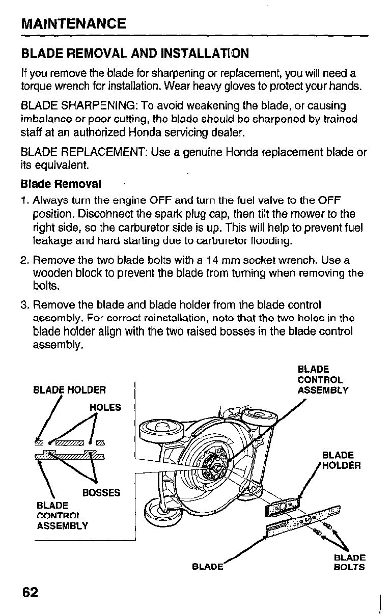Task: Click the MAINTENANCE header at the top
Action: pos(73,23)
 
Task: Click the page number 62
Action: pos(30,593)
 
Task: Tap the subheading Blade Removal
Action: pos(61,183)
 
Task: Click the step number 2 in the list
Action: pos(24,260)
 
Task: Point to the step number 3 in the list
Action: pos(24,305)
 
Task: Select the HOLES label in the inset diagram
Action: pos(105,407)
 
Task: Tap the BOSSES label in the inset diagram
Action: pos(101,493)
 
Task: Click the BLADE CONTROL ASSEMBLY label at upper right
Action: pos(323,379)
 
